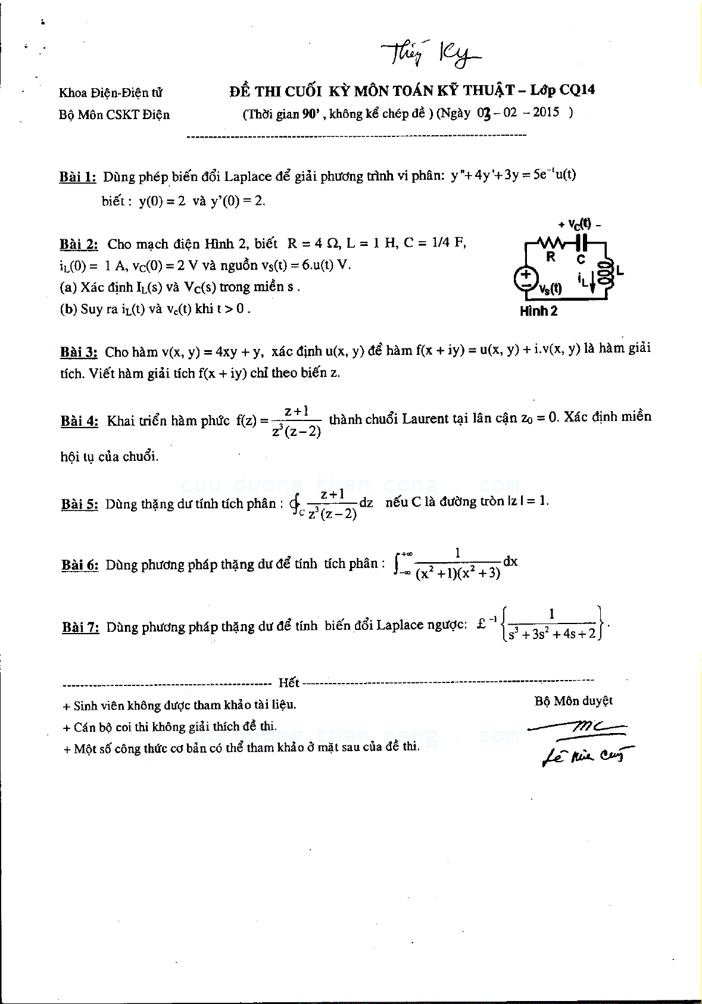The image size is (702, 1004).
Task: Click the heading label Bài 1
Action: pos(77,177)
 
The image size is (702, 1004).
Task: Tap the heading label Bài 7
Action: pos(80,627)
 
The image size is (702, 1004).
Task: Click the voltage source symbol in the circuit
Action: pos(526,278)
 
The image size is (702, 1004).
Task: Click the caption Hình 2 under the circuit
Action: pos(538,311)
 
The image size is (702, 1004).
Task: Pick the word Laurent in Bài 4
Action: pos(425,418)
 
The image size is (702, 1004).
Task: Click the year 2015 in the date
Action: pos(545,112)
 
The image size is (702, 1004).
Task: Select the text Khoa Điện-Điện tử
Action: pos(111,92)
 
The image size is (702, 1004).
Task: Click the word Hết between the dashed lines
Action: pos(289,682)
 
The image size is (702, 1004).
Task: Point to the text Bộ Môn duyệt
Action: pos(573,701)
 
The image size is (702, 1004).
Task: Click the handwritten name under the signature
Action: pos(587,755)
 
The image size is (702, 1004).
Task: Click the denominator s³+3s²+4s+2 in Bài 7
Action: pos(552,634)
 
